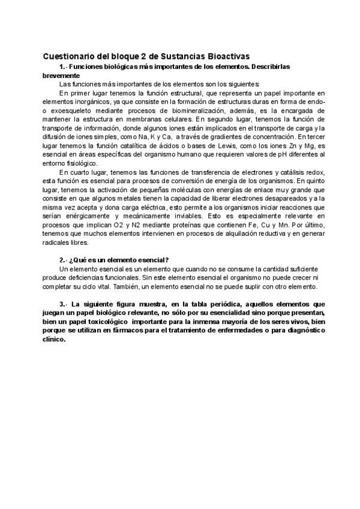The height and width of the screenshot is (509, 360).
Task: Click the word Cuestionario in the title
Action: tap(68, 56)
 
